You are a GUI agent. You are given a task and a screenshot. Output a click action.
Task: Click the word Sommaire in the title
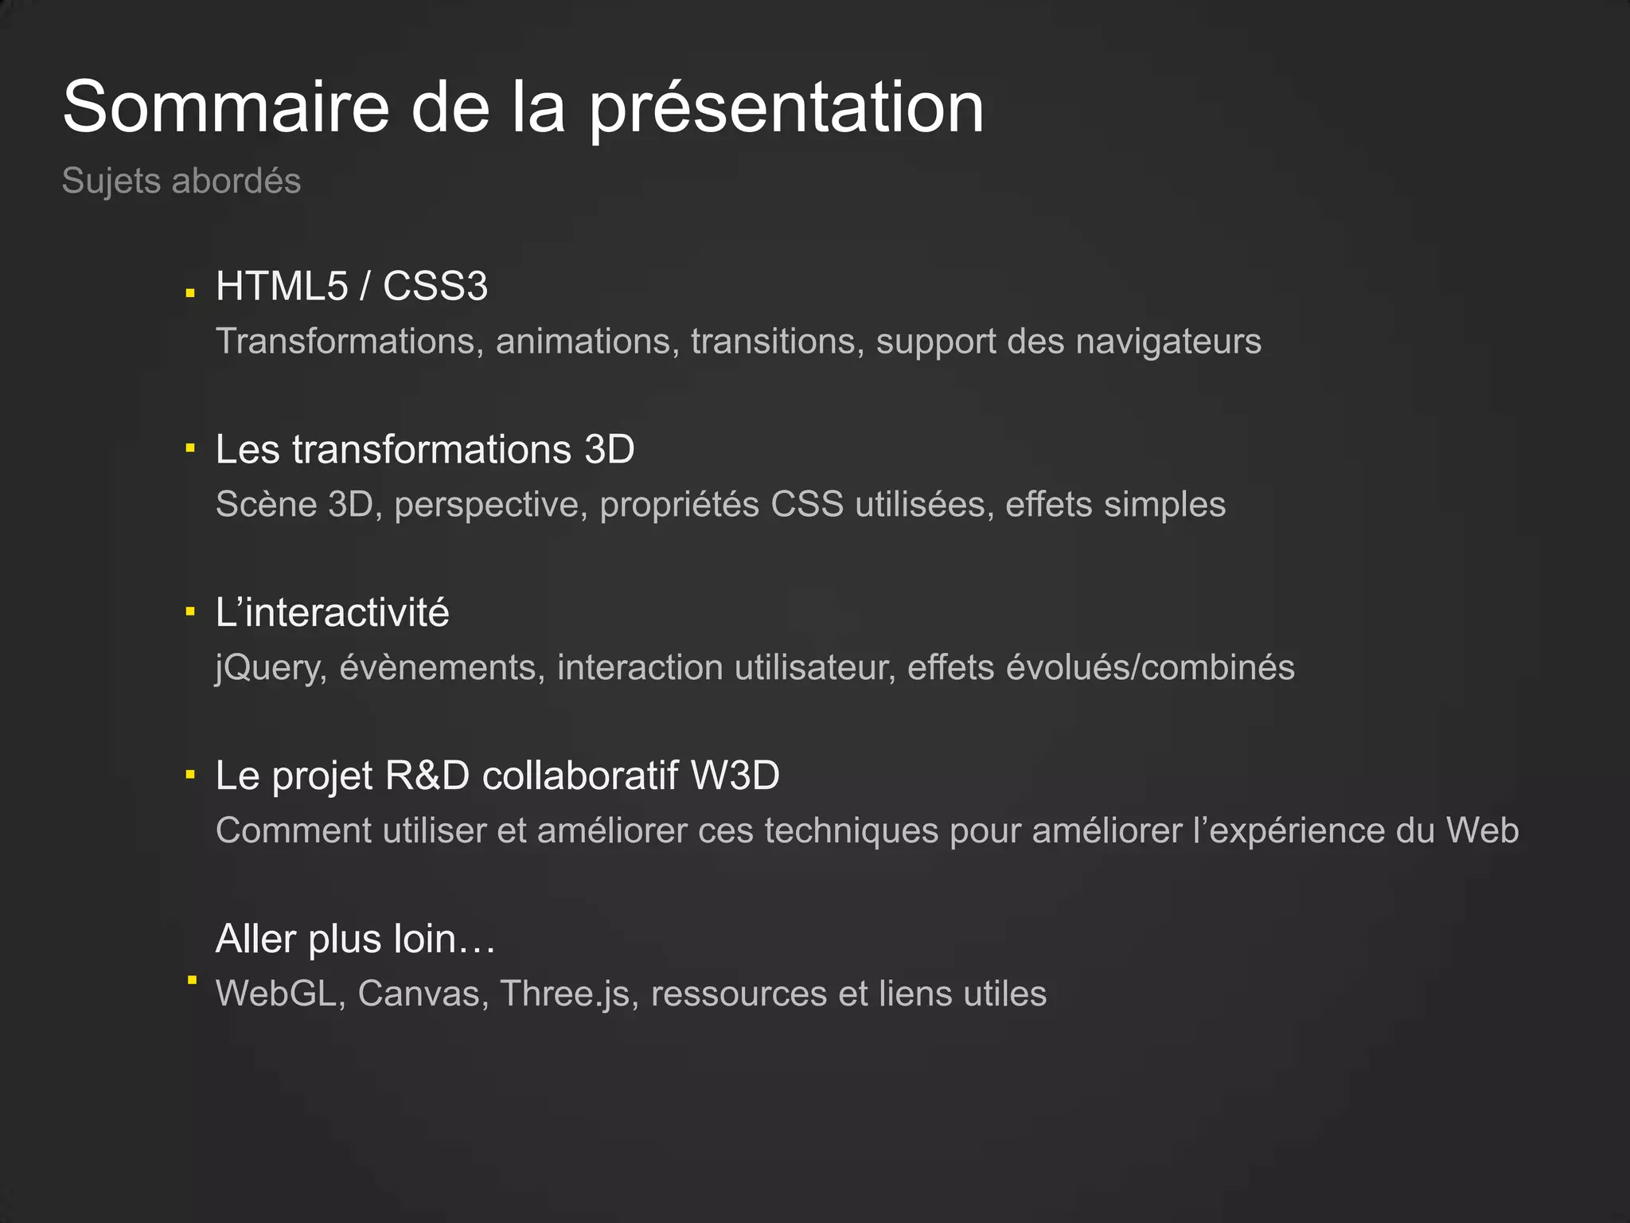pyautogui.click(x=226, y=107)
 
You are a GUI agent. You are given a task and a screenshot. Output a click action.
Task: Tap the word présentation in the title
pyautogui.click(x=786, y=110)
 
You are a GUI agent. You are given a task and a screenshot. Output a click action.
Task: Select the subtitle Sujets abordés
pyautogui.click(x=181, y=181)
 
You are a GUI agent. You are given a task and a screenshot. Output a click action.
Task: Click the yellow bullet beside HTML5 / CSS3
pyautogui.click(x=190, y=293)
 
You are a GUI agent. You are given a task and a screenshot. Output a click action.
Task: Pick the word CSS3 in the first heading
pyautogui.click(x=435, y=286)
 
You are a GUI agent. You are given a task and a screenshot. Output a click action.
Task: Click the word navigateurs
pyautogui.click(x=1168, y=342)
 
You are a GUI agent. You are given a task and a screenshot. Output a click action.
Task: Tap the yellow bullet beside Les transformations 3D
pyautogui.click(x=190, y=448)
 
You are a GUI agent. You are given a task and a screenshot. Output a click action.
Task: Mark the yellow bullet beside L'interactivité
pyautogui.click(x=190, y=611)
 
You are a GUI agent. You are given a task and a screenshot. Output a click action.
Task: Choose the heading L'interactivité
pyautogui.click(x=333, y=612)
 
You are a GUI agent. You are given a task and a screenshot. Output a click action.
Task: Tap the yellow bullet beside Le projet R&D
pyautogui.click(x=190, y=774)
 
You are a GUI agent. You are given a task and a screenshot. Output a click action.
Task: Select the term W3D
pyautogui.click(x=735, y=776)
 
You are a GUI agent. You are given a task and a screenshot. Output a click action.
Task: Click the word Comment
pyautogui.click(x=294, y=830)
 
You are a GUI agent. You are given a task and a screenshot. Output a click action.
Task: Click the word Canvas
pyautogui.click(x=423, y=994)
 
